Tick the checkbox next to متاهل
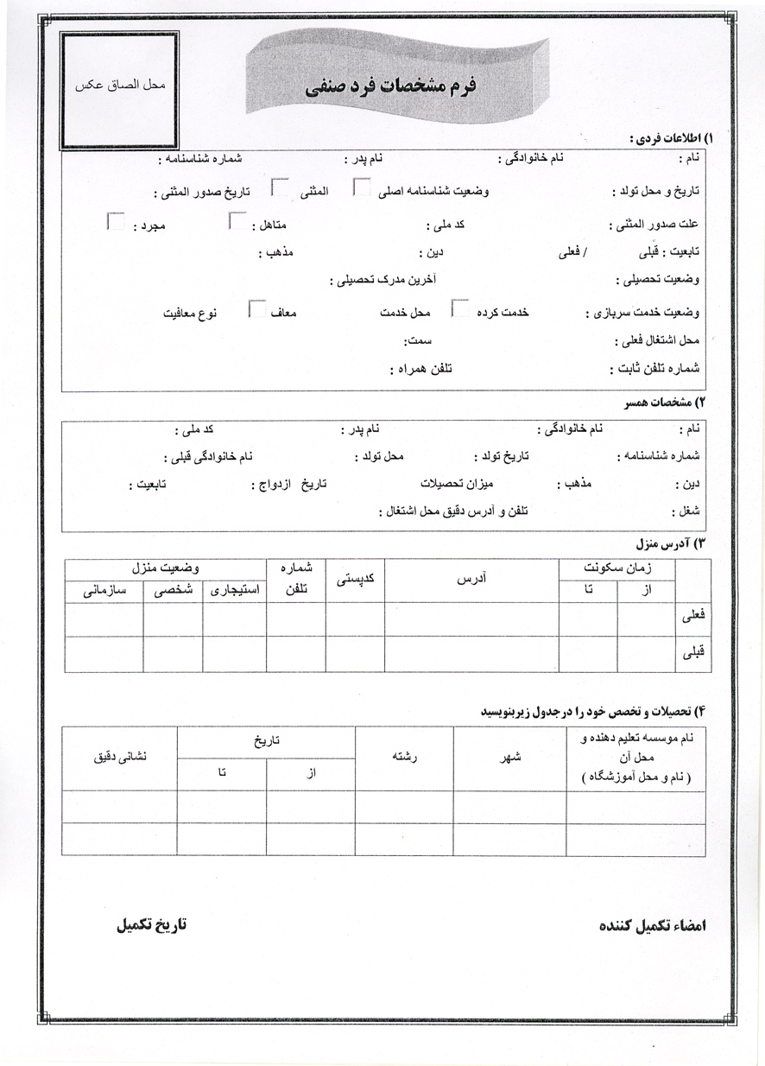(x=237, y=221)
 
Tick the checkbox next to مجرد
(x=115, y=221)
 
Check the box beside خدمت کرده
(x=462, y=308)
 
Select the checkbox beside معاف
(x=257, y=308)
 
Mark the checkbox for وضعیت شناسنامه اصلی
(x=363, y=187)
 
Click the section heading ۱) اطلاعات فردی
(x=671, y=138)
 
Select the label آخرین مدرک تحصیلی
(x=383, y=280)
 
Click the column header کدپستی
(x=355, y=581)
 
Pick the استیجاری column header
(x=235, y=591)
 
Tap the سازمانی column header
(x=104, y=591)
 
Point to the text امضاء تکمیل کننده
(x=653, y=925)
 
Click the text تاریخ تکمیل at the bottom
(x=151, y=923)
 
